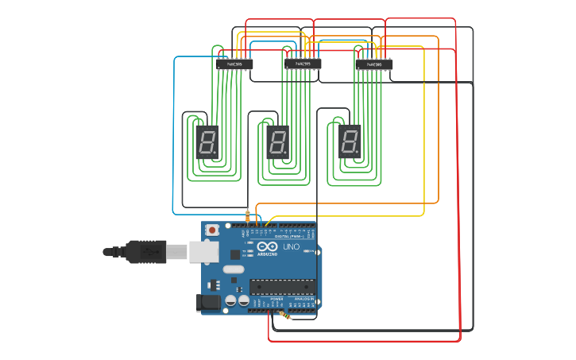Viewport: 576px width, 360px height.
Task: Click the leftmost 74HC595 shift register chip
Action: coord(234,64)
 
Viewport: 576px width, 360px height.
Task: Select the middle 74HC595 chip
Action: coord(303,64)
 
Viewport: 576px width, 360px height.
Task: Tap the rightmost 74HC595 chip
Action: coord(373,64)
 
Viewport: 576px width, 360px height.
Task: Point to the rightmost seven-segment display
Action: coord(350,141)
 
